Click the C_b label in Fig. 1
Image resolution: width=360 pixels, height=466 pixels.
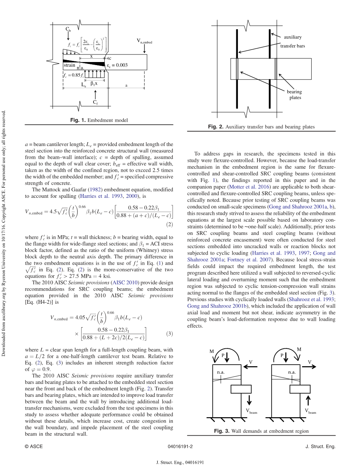[68, 29]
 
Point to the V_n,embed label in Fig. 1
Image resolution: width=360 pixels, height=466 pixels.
[144, 41]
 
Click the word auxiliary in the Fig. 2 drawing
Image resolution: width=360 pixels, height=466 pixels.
[293, 37]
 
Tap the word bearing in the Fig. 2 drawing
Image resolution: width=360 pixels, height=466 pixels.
[294, 92]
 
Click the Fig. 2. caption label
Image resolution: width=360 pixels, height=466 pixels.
[216, 127]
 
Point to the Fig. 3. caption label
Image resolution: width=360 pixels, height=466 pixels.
[222, 431]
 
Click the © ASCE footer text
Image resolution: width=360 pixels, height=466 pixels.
[34, 446]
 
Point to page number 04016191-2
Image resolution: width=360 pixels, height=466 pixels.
[180, 446]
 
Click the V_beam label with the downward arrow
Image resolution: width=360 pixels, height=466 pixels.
[251, 412]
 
